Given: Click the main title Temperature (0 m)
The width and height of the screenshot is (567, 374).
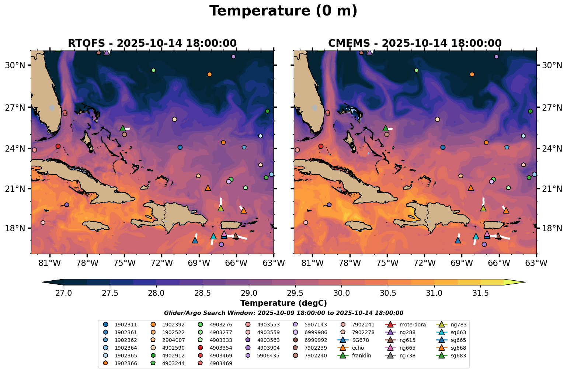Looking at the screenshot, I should [x=283, y=11].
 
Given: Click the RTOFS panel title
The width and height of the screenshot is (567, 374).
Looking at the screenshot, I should [x=152, y=43].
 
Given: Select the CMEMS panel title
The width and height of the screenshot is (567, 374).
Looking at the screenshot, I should [x=415, y=43].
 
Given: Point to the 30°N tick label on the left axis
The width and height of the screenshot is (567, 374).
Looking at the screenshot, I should [x=15, y=65].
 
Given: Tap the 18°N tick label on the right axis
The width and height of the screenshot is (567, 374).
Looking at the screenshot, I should [x=552, y=228].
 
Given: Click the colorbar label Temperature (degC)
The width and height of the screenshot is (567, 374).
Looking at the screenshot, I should [x=283, y=303].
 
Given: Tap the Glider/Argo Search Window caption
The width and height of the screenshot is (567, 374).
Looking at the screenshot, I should [x=283, y=313].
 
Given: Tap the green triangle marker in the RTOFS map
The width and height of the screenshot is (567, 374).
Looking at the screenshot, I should [x=123, y=128].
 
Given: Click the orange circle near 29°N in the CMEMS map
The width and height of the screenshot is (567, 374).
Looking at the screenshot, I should [x=472, y=74].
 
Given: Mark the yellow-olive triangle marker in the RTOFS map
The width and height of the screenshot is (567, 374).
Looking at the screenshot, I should [x=220, y=208].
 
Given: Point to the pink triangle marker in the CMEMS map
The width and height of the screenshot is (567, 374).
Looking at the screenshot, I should [x=487, y=233].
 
